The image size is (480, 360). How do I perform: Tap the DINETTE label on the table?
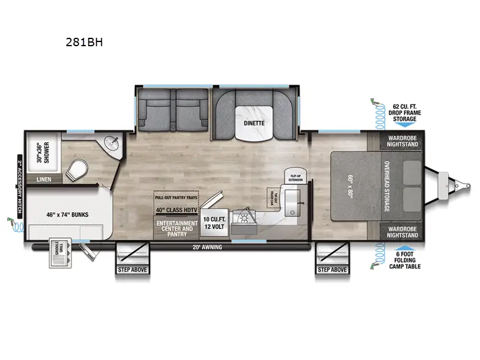point(254,122)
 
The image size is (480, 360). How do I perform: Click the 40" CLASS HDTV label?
point(176,210)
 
